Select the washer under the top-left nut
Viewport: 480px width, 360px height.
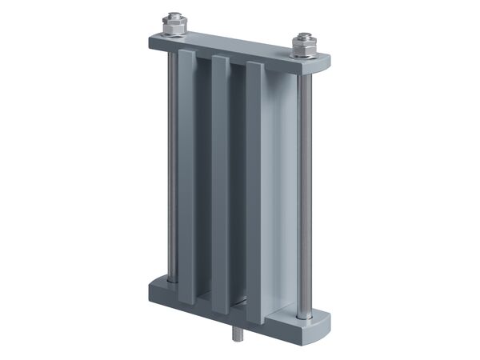coord(174,33)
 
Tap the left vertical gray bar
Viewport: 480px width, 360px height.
coord(186,176)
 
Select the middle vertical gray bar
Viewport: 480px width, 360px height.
coord(220,184)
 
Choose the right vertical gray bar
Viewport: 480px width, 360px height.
coord(254,192)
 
